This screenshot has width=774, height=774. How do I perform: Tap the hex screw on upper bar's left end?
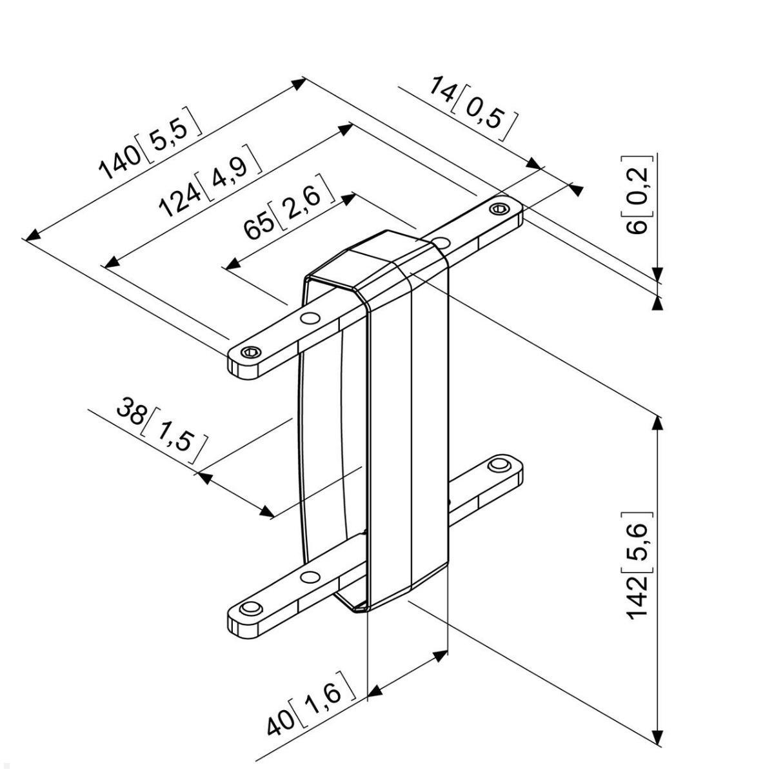coord(252,352)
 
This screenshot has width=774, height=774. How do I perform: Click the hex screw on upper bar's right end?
coord(498,208)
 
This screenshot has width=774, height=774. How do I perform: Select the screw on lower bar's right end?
coord(497,464)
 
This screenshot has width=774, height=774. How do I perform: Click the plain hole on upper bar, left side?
coord(310,317)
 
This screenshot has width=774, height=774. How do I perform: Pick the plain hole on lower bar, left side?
coord(310,575)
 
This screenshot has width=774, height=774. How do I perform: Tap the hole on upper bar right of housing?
coord(441,242)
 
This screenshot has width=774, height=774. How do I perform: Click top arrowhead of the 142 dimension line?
coord(657,422)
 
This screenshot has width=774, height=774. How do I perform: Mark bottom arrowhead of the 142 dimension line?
coord(657,738)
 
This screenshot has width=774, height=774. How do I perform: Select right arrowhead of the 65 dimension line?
coord(349,197)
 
